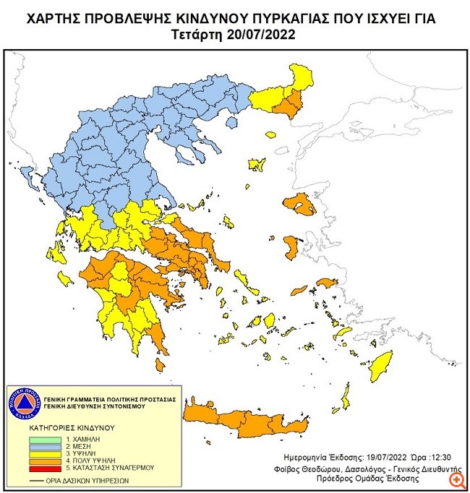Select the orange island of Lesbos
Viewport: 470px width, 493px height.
(x=300, y=205)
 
